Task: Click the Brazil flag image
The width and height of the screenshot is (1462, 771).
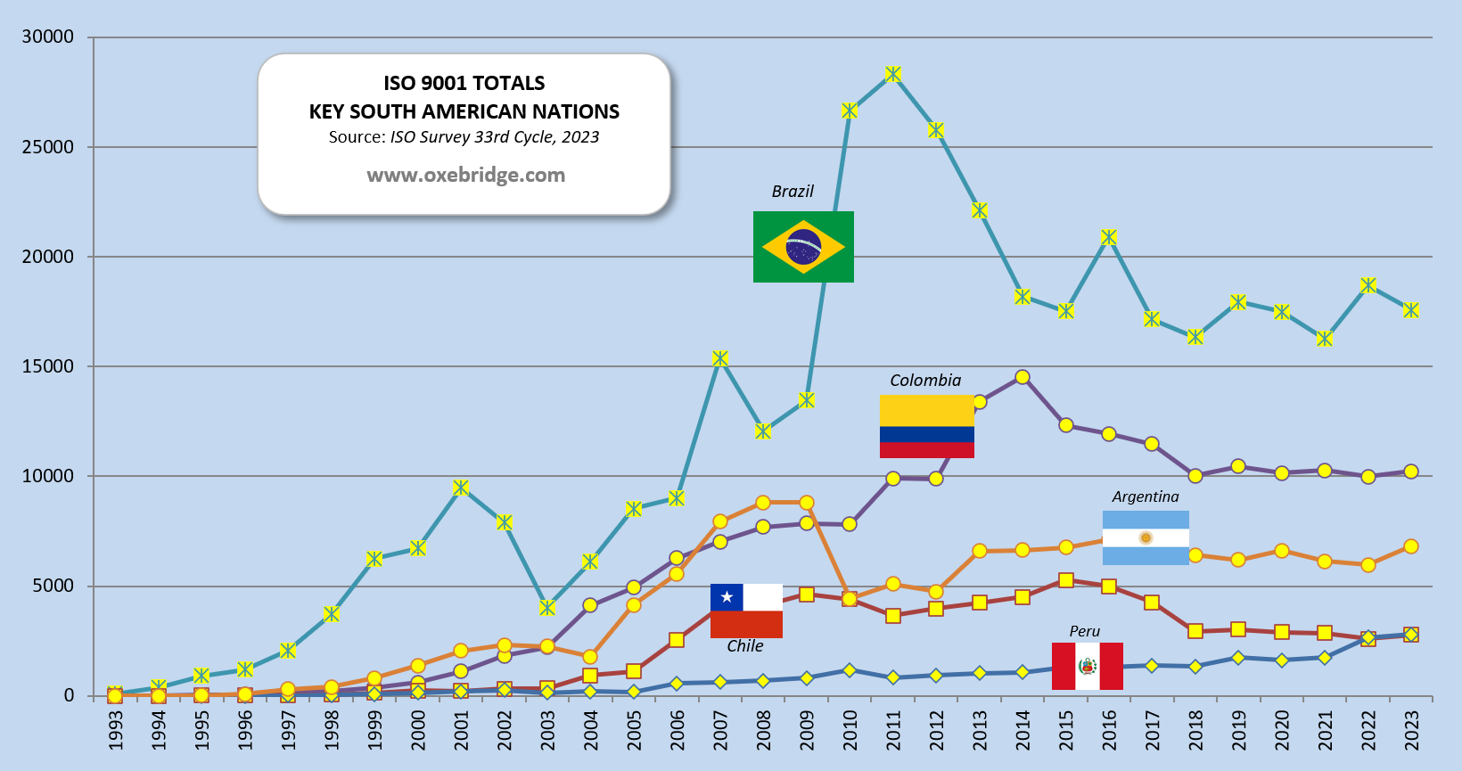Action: tap(803, 247)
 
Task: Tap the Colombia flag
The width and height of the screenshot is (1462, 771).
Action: tap(926, 427)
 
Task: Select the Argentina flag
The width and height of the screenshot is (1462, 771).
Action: tap(1146, 537)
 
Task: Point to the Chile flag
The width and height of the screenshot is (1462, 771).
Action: tap(746, 611)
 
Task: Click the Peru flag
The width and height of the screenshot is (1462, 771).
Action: tap(1087, 666)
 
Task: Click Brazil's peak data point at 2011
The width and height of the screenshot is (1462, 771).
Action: tap(893, 74)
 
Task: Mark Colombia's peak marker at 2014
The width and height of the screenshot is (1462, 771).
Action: tap(1023, 377)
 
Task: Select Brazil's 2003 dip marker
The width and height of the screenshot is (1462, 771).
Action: tap(547, 608)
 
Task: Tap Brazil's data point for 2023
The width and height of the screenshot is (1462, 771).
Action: tap(1410, 310)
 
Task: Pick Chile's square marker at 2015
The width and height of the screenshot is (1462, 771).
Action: tap(1065, 580)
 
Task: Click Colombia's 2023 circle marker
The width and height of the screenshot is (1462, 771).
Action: tap(1410, 472)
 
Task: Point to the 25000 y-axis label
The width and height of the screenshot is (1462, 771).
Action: tap(48, 147)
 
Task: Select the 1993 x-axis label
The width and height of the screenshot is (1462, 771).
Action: tap(115, 730)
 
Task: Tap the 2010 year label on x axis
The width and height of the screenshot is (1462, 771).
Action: tap(850, 730)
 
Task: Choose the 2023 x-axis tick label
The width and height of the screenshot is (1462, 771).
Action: tap(1411, 730)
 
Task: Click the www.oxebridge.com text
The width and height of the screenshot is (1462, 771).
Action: tap(465, 175)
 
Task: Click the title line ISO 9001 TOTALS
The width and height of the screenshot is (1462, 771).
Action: tap(464, 83)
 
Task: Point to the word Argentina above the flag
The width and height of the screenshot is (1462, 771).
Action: tap(1145, 496)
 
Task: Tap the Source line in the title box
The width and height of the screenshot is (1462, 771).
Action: tap(464, 137)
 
